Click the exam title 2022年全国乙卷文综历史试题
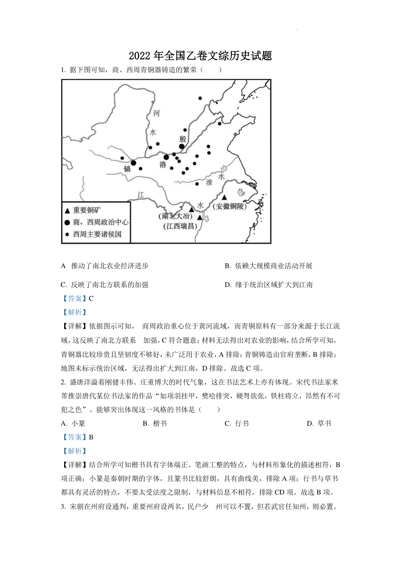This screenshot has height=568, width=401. pyautogui.click(x=200, y=56)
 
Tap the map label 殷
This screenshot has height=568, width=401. pyautogui.click(x=183, y=139)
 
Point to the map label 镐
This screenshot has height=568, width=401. pyautogui.click(x=127, y=169)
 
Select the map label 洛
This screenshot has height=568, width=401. pyautogui.click(x=163, y=165)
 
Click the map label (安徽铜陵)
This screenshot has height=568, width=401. pyautogui.click(x=230, y=206)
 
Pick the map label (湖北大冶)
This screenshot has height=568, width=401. pyautogui.click(x=176, y=216)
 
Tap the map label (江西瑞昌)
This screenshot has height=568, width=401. pyautogui.click(x=180, y=226)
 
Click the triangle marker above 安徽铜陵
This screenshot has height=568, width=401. pyautogui.click(x=225, y=197)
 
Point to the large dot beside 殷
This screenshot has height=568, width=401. pyautogui.click(x=182, y=147)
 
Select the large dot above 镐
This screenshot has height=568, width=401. pyautogui.click(x=133, y=163)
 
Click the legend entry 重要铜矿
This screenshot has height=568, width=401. pyautogui.click(x=87, y=210)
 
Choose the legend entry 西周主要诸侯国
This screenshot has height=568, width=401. pyautogui.click(x=97, y=234)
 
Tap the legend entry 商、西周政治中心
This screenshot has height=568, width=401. pyautogui.click(x=101, y=222)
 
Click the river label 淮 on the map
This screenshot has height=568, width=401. pyautogui.click(x=209, y=182)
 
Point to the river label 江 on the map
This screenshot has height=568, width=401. pyautogui.click(x=141, y=195)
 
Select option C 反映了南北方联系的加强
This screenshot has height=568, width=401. pyautogui.click(x=105, y=285)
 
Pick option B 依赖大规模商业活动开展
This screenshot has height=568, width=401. pyautogui.click(x=269, y=266)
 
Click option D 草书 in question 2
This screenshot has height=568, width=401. pyautogui.click(x=319, y=423)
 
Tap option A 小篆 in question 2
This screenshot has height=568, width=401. pyautogui.click(x=73, y=423)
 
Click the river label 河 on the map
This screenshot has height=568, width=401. pyautogui.click(x=156, y=113)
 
